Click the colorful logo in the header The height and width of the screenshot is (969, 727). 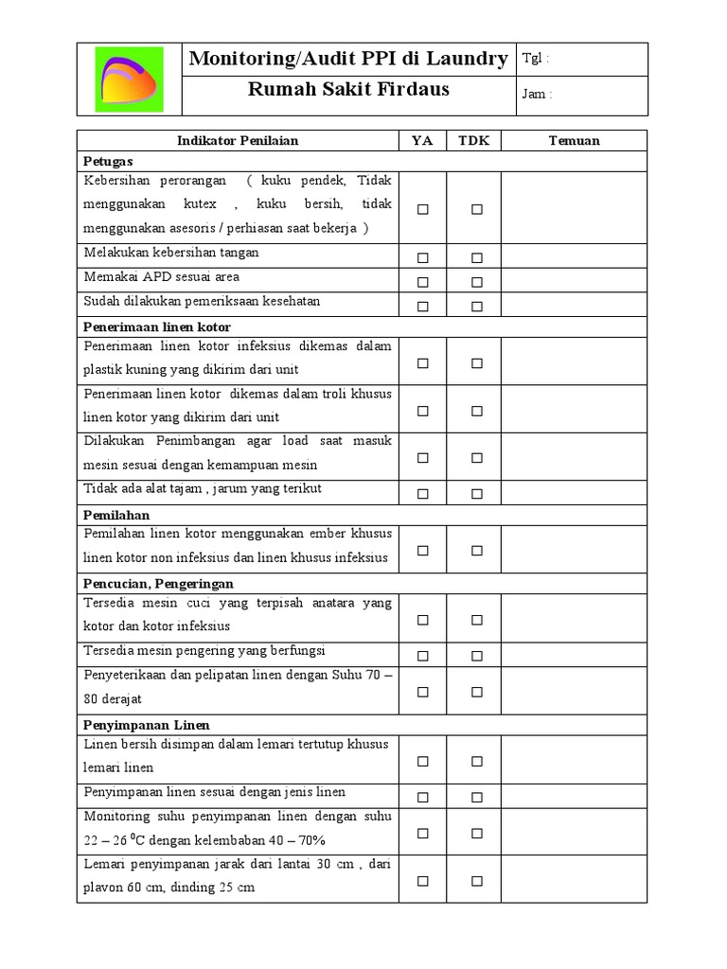point(129,79)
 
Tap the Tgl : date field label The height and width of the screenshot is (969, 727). point(535,59)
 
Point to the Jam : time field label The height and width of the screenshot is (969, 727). point(537,94)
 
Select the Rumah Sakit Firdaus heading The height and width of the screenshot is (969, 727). point(348,91)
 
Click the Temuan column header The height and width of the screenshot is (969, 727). point(574,141)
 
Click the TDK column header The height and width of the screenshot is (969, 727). point(473,141)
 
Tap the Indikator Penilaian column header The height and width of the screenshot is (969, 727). point(238,141)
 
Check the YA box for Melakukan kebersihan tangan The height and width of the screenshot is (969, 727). point(423,257)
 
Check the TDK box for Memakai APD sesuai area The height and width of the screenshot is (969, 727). point(477,282)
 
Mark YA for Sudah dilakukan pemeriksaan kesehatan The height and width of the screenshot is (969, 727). point(423,306)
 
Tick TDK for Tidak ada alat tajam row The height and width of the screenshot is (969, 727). point(477,493)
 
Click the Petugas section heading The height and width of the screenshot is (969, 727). point(108,162)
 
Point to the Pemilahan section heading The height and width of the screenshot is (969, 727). point(116,514)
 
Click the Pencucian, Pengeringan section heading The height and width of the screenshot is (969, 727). point(158,583)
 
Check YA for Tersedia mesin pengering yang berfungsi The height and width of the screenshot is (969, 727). point(423,655)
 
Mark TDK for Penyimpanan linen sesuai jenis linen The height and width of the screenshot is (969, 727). point(477,796)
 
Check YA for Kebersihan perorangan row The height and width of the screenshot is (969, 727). point(423,209)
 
